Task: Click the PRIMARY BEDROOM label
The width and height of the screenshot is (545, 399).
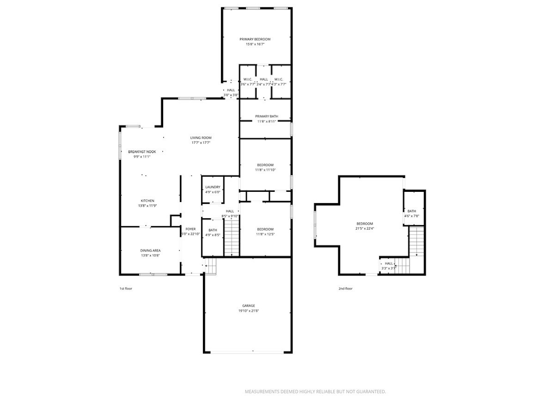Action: coord(255,39)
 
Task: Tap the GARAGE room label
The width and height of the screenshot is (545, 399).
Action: coord(249,306)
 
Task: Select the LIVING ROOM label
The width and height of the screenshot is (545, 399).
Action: coord(201,138)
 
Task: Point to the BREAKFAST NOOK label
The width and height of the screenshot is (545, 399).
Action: coord(142,152)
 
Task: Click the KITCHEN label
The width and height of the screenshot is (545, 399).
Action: coord(147,201)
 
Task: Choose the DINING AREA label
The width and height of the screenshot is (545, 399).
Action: coord(150,251)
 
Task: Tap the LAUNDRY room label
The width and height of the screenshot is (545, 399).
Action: coord(212,187)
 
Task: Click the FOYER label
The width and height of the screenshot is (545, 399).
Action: coord(190,229)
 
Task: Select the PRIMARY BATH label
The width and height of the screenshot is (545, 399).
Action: coord(267,117)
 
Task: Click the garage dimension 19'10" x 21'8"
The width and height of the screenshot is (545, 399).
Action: coord(249,311)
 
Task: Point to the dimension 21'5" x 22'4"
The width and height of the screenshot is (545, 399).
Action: coord(365,229)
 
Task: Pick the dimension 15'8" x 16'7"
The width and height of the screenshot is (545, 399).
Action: coord(255,44)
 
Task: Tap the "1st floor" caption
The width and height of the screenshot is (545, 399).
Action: coord(126,289)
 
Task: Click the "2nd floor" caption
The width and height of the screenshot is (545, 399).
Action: coord(345,289)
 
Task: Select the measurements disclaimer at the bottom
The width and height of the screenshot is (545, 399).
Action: coord(315,392)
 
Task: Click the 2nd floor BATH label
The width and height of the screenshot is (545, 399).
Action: coord(411,211)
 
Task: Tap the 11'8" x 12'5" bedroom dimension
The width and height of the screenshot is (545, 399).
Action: coord(265,234)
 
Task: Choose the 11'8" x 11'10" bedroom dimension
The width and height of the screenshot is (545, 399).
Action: coord(265,170)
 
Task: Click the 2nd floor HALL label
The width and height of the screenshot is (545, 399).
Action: coord(389,264)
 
